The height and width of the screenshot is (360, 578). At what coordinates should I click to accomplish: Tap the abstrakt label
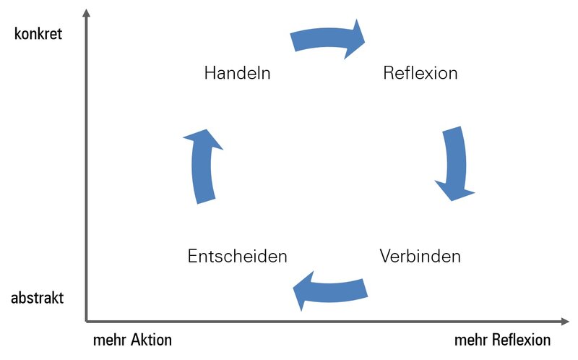point(38,298)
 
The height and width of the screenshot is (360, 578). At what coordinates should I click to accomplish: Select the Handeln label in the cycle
point(237,73)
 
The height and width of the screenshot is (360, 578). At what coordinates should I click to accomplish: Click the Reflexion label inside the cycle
point(420,73)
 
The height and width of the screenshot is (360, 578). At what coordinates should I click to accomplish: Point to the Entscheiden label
point(237,256)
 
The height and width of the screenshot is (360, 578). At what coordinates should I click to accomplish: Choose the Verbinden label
point(420,256)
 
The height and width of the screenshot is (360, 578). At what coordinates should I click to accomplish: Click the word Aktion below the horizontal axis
point(149,340)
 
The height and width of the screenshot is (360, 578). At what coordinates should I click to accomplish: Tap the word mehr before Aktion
point(108,340)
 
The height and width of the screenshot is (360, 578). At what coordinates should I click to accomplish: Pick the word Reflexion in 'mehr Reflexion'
point(519,340)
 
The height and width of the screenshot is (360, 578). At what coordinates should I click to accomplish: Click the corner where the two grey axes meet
point(86,321)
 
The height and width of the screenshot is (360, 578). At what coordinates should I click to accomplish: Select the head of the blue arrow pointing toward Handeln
point(203,139)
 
